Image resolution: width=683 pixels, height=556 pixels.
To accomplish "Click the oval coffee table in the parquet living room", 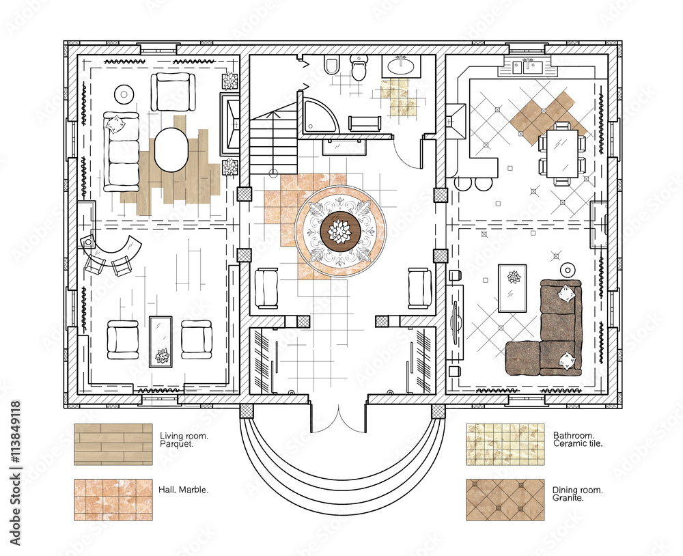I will pos(171,150).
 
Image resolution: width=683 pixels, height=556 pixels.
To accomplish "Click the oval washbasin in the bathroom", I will pos(400,67).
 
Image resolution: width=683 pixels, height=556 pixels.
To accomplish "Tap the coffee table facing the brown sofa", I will pos(512,288).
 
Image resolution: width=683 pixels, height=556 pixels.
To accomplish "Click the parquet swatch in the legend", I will pos(113,444).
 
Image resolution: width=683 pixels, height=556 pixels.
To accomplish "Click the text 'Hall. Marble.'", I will pos(184,490).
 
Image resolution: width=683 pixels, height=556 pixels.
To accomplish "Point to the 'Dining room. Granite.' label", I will pos(577,494).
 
